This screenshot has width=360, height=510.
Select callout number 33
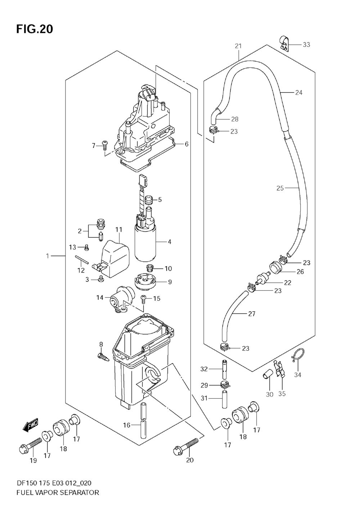(306, 45)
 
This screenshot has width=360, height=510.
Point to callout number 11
(119, 229)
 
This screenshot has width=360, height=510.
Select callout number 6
(186, 144)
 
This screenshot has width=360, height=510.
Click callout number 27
(252, 314)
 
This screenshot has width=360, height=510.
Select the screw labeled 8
(103, 357)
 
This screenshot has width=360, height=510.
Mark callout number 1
(48, 256)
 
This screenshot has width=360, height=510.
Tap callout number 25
(280, 188)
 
